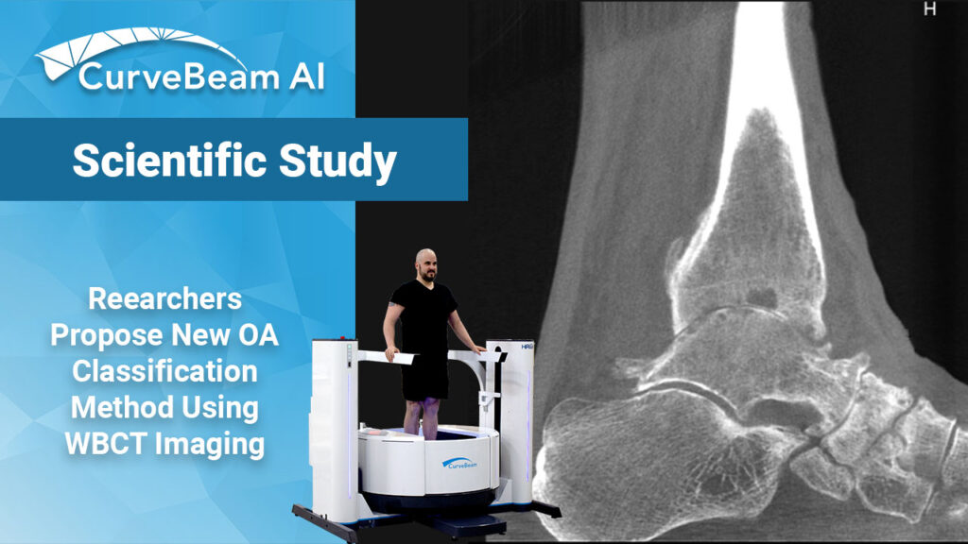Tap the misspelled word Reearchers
[164, 299]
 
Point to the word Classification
[164, 371]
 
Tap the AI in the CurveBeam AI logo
[300, 76]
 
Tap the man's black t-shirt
[424, 326]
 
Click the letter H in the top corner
[929, 9]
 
